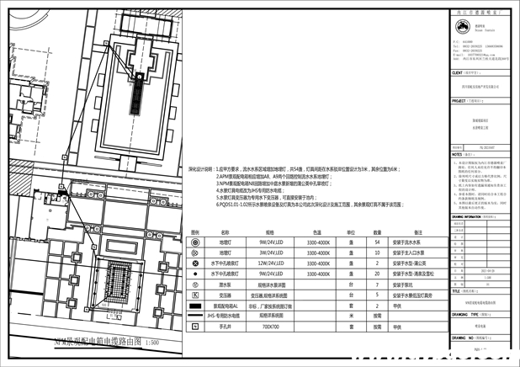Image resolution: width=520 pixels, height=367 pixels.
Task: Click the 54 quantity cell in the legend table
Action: pyautogui.click(x=377, y=242)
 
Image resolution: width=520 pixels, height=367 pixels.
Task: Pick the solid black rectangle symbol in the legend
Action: pyautogui.click(x=195, y=306)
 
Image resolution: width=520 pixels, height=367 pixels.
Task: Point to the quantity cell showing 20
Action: pyautogui.click(x=377, y=274)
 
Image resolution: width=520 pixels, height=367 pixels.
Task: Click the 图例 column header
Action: pyautogui.click(x=195, y=231)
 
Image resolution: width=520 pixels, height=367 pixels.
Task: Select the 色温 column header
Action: pyautogui.click(x=317, y=231)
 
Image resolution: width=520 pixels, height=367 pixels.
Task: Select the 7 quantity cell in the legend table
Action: pyautogui.click(x=377, y=285)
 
